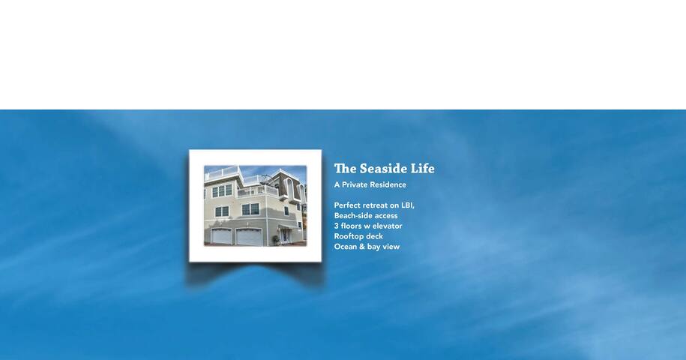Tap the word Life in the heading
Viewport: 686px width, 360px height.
[x=424, y=169]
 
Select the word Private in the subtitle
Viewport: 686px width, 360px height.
[x=355, y=184]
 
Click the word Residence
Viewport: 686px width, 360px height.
[x=388, y=184]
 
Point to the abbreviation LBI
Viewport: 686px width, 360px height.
[x=408, y=205]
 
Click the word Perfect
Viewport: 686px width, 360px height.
[x=347, y=205]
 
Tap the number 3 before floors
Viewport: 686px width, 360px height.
[x=337, y=226]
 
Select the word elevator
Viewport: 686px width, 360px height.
[x=387, y=226]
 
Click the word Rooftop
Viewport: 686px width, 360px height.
[x=349, y=237]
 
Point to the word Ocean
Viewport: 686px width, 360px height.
[x=345, y=247]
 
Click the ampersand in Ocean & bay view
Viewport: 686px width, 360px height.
[x=362, y=247]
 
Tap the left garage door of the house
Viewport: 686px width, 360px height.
[x=222, y=237]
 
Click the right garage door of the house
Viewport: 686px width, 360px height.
[x=249, y=237]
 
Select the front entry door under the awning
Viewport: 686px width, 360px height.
[x=285, y=235]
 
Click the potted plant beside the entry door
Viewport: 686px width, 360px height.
[x=276, y=239]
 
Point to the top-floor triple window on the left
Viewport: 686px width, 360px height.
[x=222, y=190]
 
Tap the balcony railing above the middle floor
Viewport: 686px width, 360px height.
[x=258, y=190]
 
